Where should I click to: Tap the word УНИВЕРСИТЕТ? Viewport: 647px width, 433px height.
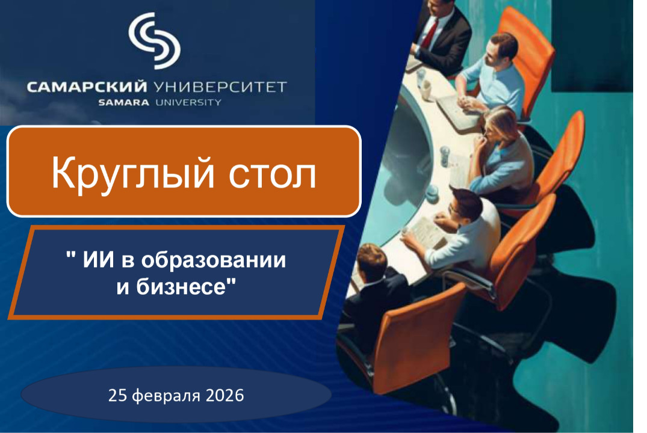click(x=220, y=88)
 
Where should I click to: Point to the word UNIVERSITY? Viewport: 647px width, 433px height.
click(x=188, y=102)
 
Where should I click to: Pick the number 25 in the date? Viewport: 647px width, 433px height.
click(x=118, y=396)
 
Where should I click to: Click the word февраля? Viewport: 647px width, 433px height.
click(x=164, y=396)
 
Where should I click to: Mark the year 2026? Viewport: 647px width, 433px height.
click(x=223, y=396)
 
